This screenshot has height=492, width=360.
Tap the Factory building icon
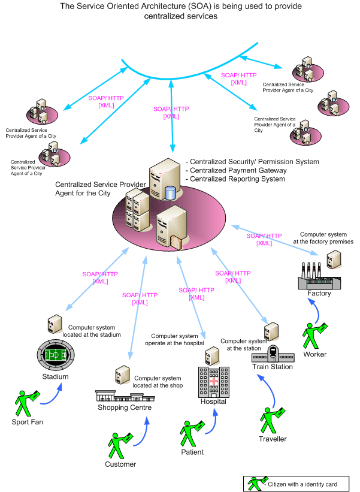click(319, 279)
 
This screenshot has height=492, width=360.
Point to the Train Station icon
click(273, 354)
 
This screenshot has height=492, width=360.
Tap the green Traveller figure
click(272, 420)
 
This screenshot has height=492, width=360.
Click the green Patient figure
click(192, 433)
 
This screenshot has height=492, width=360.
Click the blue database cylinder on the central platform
click(171, 194)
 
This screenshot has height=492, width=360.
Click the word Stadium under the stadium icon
click(55, 377)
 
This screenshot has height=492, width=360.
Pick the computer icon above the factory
click(332, 258)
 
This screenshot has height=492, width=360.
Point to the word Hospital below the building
click(213, 402)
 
